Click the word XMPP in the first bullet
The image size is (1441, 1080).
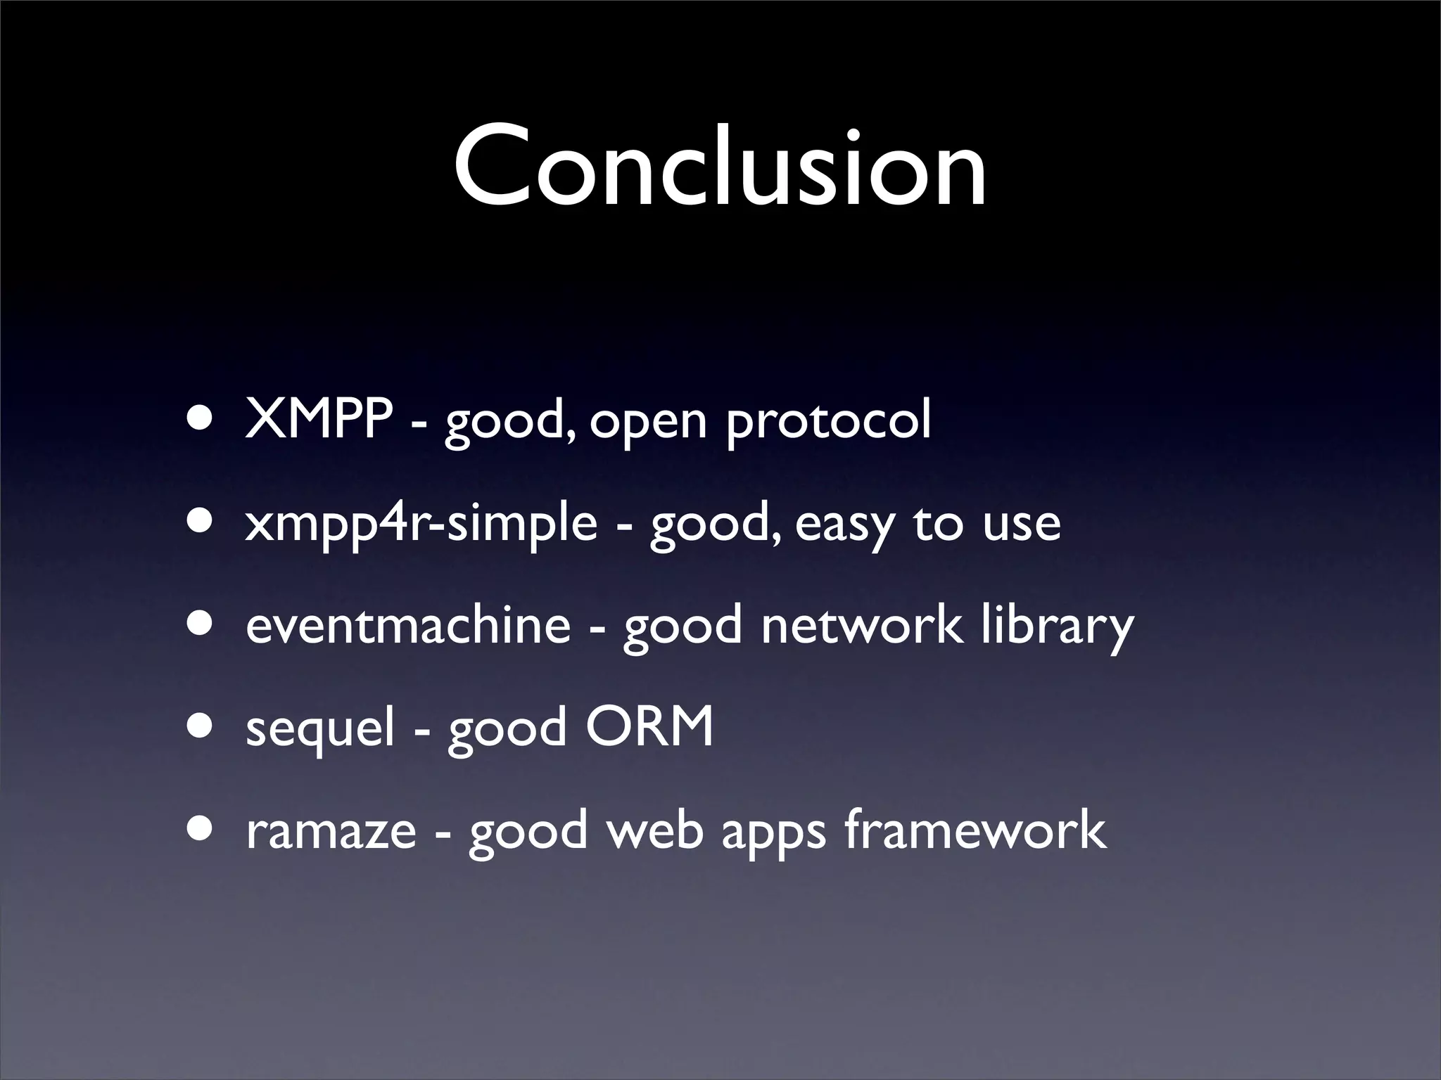click(319, 420)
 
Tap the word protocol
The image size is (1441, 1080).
click(828, 422)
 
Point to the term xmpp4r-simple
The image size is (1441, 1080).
click(421, 524)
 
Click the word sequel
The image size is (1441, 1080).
click(320, 728)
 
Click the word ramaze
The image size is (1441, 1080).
click(331, 830)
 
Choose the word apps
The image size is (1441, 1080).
click(773, 833)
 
